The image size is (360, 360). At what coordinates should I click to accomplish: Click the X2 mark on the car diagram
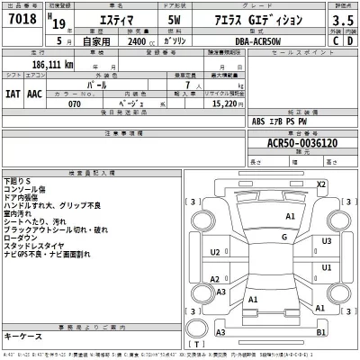(320, 184)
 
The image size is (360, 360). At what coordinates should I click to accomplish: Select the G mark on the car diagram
(284, 237)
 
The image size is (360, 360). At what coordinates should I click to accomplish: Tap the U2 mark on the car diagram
(215, 253)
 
